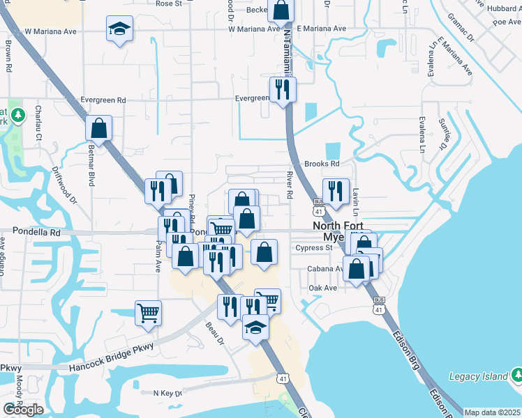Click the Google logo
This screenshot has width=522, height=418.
click(x=23, y=410)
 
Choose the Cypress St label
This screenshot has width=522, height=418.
click(x=314, y=247)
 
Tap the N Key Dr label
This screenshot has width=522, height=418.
click(x=167, y=393)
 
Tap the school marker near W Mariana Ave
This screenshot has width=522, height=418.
click(x=120, y=30)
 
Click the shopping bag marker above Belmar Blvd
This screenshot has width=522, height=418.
click(x=99, y=128)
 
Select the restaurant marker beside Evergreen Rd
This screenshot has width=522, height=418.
click(x=283, y=90)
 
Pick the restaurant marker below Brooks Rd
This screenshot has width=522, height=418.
click(x=336, y=192)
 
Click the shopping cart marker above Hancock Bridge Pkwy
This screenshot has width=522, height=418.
click(x=148, y=313)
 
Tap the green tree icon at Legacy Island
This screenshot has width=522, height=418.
click(x=516, y=376)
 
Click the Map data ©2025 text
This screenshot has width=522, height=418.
click(x=492, y=412)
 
